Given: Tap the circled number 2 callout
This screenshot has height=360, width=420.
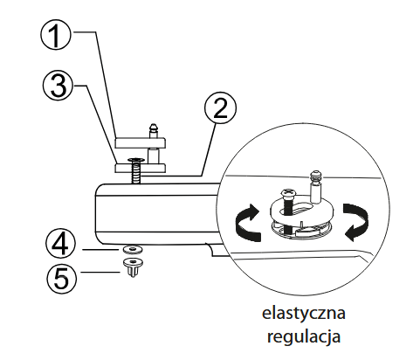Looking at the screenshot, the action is pos(220,108).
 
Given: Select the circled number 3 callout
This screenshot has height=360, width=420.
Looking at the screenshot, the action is pos(59,86).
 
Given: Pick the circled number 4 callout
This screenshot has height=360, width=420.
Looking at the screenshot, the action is pos(60,244).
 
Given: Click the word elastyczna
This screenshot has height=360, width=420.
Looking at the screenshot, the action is pos(304,314).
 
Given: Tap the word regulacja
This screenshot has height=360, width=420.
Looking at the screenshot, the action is pos(304,337).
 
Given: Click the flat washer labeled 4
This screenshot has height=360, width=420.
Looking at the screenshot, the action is pos(133,249).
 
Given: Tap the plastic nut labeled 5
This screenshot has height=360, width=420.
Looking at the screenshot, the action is pos(133,267).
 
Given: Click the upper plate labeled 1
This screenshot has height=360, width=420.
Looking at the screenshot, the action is pos(141,142).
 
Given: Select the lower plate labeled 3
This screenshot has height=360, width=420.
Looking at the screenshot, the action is pos(141,168).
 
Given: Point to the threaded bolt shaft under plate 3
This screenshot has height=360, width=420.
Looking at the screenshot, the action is pos(135,173).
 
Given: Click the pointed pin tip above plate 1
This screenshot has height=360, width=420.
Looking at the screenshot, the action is pos(153,128).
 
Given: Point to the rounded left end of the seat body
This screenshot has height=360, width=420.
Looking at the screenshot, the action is pos(99,213).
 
